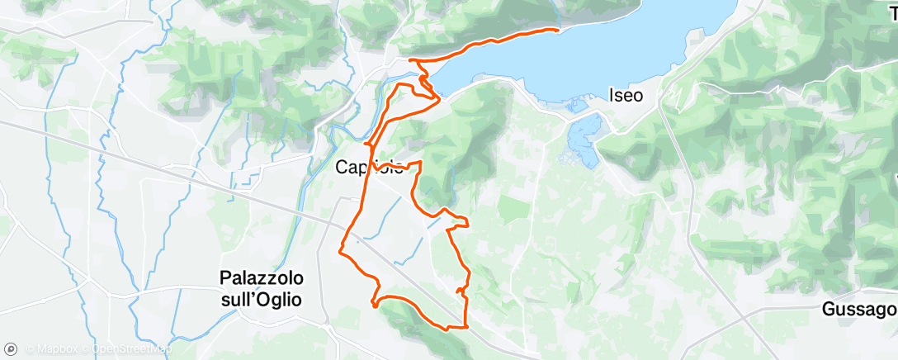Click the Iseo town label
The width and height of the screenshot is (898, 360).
pyautogui.click(x=626, y=95)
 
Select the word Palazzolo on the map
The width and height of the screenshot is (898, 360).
pyautogui.click(x=261, y=278)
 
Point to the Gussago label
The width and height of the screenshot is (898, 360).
pyautogui.click(x=859, y=310)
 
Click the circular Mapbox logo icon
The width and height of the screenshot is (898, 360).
pyautogui.click(x=11, y=348)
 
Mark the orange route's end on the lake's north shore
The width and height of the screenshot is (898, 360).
pyautogui.click(x=558, y=31)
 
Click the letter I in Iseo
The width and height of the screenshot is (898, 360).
pyautogui.click(x=612, y=95)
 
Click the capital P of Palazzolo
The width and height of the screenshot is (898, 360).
pyautogui.click(x=225, y=278)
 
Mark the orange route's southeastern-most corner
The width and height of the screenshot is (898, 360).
pyautogui.click(x=467, y=326)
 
